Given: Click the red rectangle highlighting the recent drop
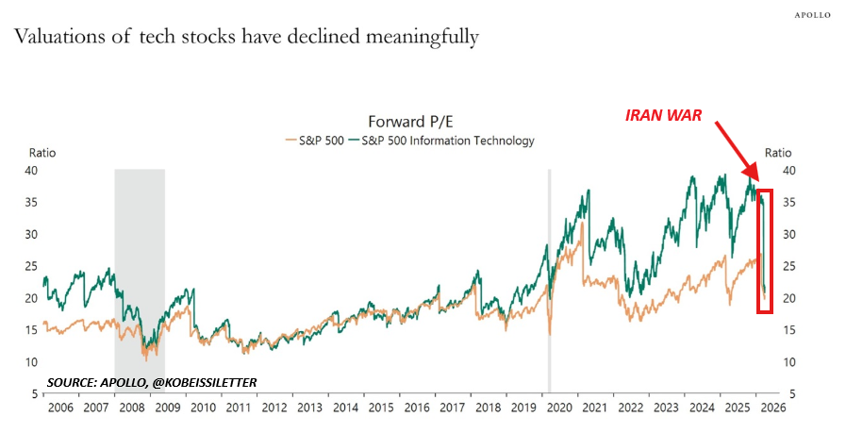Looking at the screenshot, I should tap(765, 250).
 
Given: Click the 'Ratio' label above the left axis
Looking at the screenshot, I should tap(42, 153).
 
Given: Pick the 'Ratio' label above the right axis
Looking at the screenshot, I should tap(778, 153).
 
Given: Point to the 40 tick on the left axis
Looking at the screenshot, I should tap(32, 171).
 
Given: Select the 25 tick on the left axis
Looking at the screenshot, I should tap(32, 266).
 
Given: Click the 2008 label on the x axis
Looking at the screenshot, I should tap(132, 408).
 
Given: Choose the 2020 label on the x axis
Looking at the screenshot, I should tap(560, 408).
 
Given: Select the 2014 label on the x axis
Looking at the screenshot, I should tap(346, 408).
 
